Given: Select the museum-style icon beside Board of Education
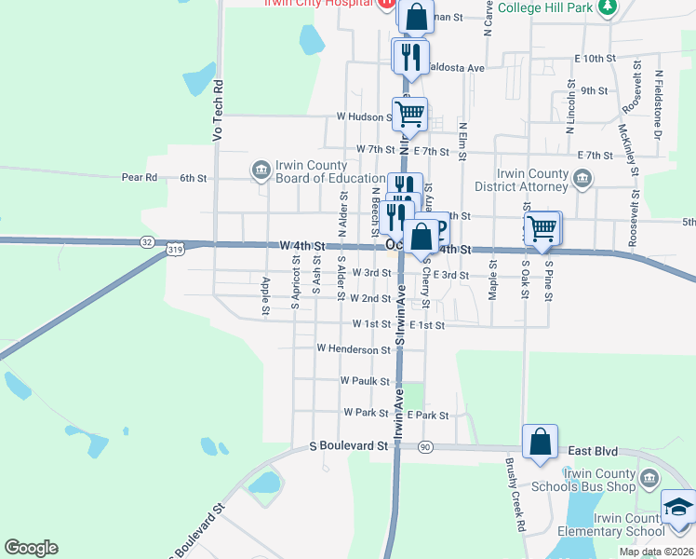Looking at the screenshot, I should (260, 170).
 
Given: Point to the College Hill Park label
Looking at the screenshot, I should (544, 7).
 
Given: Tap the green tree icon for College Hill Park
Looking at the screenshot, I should (607, 7).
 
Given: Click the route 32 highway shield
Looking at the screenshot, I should (147, 242).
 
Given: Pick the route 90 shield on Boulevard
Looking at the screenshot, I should (426, 447).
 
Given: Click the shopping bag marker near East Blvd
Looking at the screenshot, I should (540, 443).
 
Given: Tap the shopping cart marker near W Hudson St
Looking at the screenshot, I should (409, 115).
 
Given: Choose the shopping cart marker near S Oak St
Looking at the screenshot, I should (542, 227).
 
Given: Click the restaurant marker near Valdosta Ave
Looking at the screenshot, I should (410, 56).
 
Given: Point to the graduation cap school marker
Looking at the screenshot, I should (678, 508).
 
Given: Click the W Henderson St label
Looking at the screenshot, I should (353, 349).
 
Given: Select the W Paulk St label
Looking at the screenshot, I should (365, 381).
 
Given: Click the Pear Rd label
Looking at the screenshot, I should (137, 177).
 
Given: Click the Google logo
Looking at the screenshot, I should (31, 548).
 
